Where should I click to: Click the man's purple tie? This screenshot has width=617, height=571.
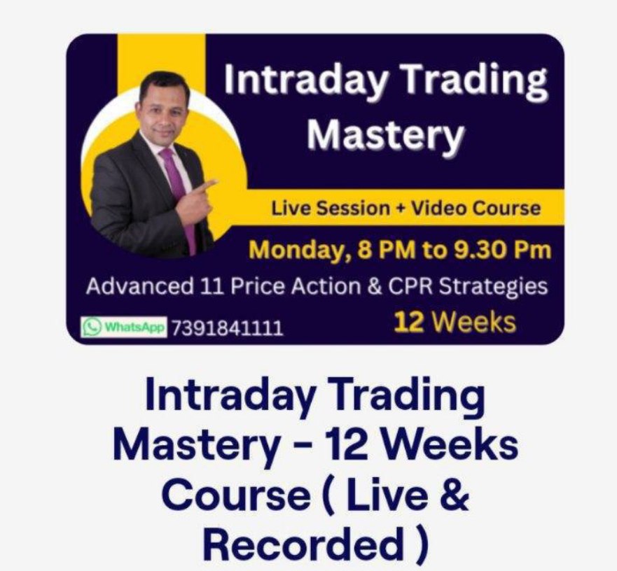point(179,197)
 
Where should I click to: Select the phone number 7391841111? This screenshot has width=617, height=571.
point(227,328)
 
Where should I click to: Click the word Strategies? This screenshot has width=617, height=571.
point(493,287)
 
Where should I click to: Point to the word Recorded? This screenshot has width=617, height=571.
point(301,544)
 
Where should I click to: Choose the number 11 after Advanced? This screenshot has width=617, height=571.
point(212,286)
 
